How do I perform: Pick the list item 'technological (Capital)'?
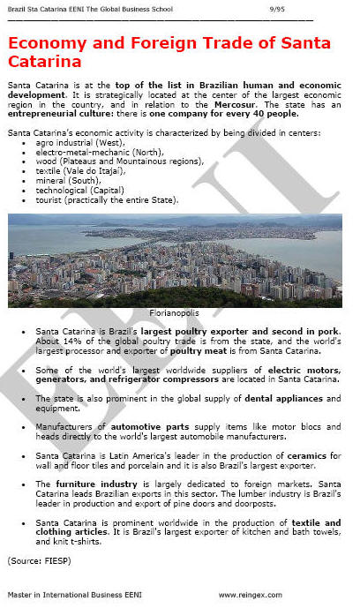click(x=80, y=190)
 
